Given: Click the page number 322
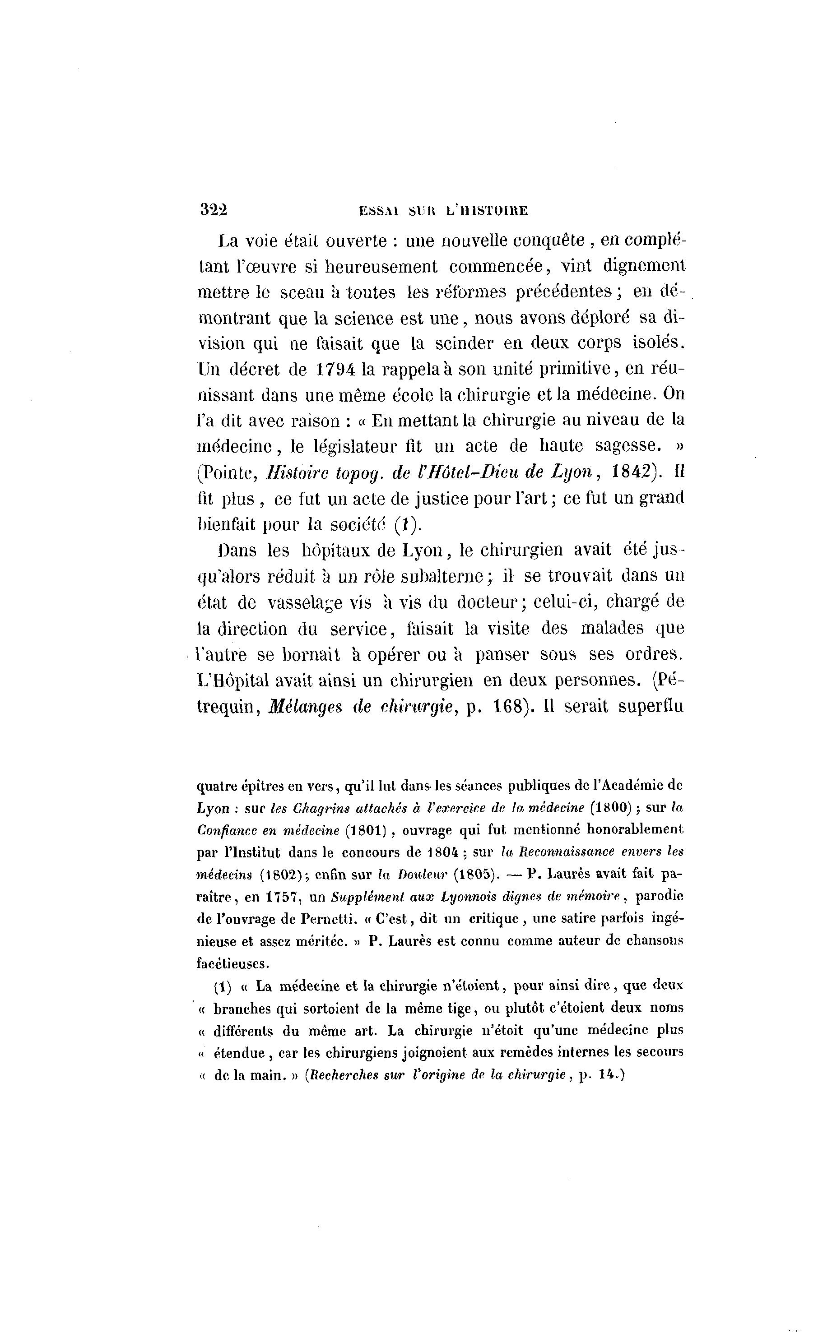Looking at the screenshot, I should point(214,210).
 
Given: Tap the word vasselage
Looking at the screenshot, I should point(310,603).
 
